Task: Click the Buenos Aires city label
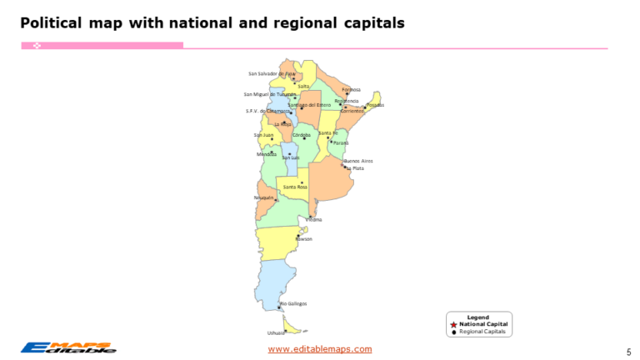pos(358,160)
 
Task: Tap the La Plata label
pos(355,168)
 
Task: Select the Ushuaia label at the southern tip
pos(276,332)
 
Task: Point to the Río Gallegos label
pos(293,303)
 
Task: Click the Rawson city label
pos(304,238)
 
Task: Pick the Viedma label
pos(314,219)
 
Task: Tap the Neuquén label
pos(263,197)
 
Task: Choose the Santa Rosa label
pos(296,187)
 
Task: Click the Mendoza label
pos(267,154)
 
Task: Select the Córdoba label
pos(302,134)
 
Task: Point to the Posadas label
pos(375,105)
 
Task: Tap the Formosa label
pos(351,89)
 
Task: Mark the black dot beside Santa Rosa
pos(302,182)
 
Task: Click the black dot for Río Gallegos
pos(278,307)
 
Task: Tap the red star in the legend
pos(453,324)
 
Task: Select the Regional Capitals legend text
pos(482,331)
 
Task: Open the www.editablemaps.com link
pos(320,349)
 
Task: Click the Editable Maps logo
pos(68,347)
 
